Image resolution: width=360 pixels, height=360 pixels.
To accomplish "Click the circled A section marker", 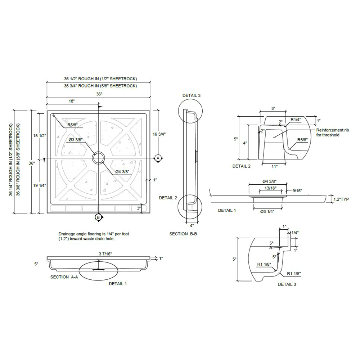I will click(x=157, y=158).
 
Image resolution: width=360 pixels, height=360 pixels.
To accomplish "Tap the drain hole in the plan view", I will click(x=98, y=158).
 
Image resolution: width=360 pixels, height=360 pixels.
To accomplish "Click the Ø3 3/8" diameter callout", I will click(x=77, y=140).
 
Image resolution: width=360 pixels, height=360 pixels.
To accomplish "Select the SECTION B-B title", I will click(x=183, y=234).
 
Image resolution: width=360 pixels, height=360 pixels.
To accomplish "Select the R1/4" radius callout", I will click(x=296, y=119).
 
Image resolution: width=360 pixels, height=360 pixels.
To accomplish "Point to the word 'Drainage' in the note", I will click(x=67, y=234).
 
